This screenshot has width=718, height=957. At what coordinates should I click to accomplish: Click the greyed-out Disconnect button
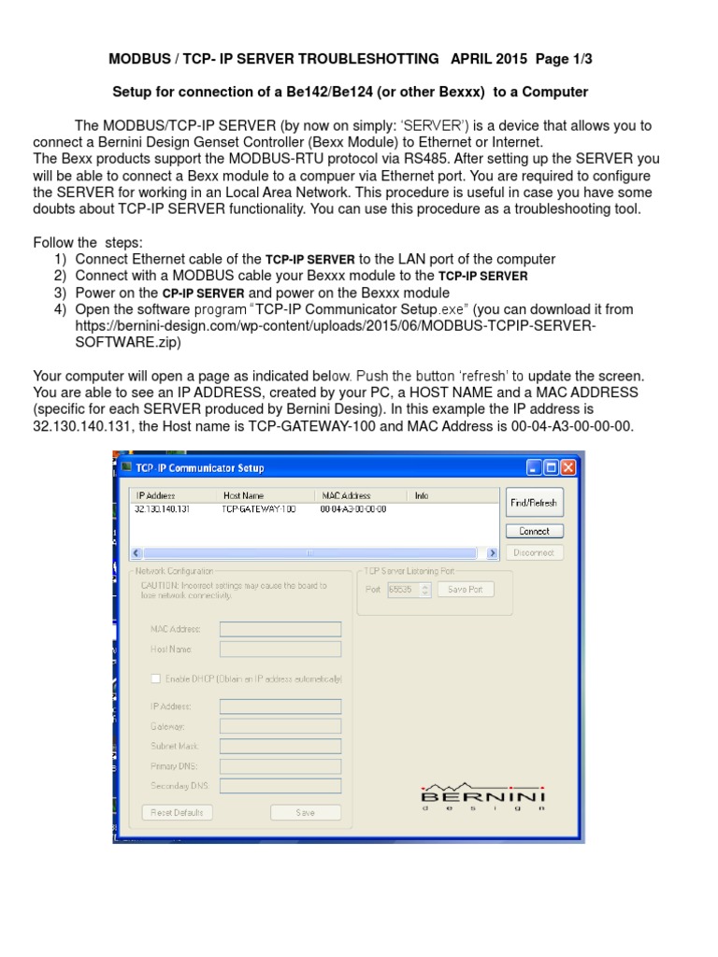click(x=534, y=552)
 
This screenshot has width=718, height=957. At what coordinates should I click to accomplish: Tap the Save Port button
click(x=465, y=590)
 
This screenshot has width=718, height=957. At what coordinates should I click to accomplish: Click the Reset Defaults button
click(x=177, y=812)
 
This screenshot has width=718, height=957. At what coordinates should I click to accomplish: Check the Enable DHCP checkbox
click(x=155, y=678)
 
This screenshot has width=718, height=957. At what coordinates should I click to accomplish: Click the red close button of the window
click(x=567, y=467)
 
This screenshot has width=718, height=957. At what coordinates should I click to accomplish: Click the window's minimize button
click(x=534, y=467)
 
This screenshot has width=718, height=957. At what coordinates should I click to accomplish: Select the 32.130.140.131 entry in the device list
click(x=162, y=509)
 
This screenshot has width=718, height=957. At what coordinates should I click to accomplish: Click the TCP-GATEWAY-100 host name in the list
click(x=258, y=509)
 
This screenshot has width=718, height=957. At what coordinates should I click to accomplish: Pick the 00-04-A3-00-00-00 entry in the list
click(x=352, y=509)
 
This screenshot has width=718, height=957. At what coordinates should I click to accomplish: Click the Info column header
click(x=422, y=495)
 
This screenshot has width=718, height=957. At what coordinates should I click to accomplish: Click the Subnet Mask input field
click(x=280, y=746)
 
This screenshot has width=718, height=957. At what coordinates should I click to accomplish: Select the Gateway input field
click(x=280, y=726)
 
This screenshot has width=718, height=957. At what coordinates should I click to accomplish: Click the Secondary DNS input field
click(x=280, y=786)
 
